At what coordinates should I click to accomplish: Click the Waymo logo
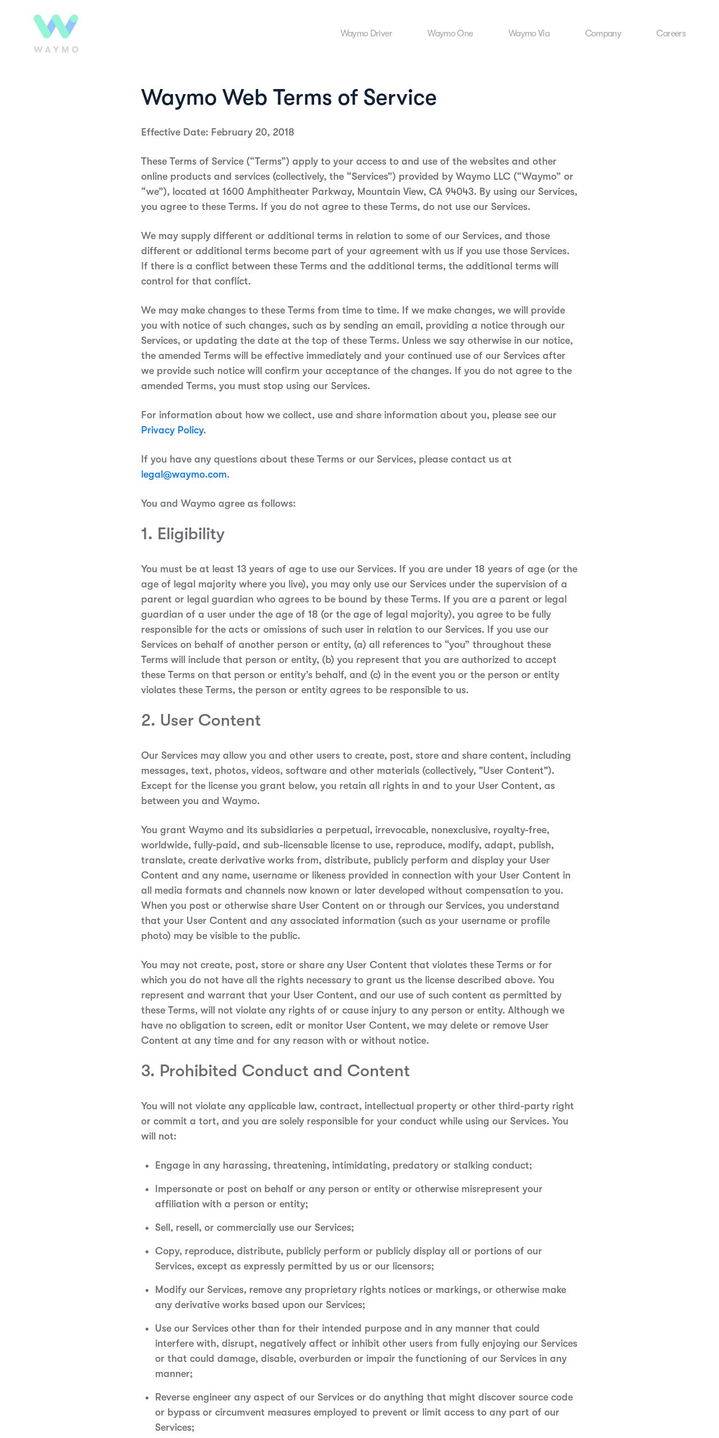coord(56,34)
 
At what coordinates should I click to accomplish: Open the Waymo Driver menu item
coord(366,34)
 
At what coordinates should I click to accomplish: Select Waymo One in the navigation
coord(450,34)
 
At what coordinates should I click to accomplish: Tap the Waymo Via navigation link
coord(529,34)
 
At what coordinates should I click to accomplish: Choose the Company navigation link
coord(603,34)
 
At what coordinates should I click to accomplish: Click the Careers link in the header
coord(671,34)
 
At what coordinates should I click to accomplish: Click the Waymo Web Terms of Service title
coord(288,98)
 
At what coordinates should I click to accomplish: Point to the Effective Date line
coord(217,132)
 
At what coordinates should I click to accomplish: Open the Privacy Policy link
coord(172,430)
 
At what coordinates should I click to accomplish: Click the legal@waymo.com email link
coord(184,474)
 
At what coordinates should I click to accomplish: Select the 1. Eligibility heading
coord(183,534)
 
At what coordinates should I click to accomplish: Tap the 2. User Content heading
coord(200,721)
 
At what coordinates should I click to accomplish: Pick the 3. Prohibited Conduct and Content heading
coord(275,1071)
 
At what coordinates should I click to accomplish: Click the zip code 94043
coord(459,192)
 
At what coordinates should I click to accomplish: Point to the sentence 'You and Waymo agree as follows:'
coord(218,503)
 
